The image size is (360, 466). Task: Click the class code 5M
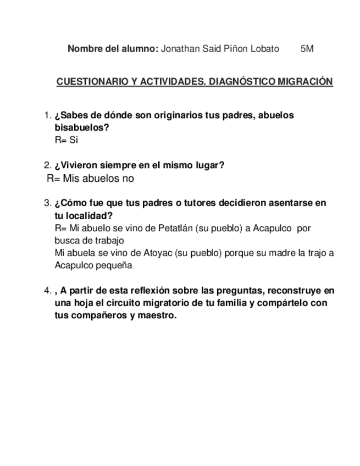point(307,48)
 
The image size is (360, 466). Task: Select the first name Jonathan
point(179,48)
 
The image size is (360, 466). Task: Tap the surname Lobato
point(265,48)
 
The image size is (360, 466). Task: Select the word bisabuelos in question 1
point(81,127)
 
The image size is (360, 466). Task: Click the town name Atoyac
point(144,253)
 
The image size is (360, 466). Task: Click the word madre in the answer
point(283,253)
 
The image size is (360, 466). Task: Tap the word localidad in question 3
point(87,215)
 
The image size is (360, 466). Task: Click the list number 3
point(47,203)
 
